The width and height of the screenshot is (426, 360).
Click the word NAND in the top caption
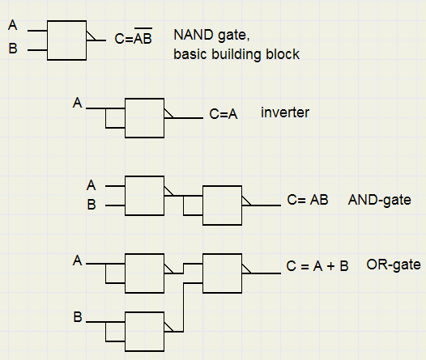[194, 35]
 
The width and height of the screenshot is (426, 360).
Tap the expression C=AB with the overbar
[133, 36]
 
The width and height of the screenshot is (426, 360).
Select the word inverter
[285, 112]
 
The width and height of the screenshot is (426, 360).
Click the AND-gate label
[379, 200]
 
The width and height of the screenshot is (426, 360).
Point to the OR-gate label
[394, 265]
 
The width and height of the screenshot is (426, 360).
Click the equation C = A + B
[317, 266]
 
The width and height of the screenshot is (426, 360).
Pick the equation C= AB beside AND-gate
[308, 200]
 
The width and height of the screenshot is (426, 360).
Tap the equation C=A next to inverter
[224, 114]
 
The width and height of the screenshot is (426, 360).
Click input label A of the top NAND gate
[13, 25]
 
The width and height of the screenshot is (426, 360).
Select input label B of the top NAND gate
[13, 49]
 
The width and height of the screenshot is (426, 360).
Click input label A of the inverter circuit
[78, 103]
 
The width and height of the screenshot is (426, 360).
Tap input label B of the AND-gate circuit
[92, 205]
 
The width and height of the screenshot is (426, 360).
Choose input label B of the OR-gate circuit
[78, 317]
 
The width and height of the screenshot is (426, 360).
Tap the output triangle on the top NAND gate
[91, 36]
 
